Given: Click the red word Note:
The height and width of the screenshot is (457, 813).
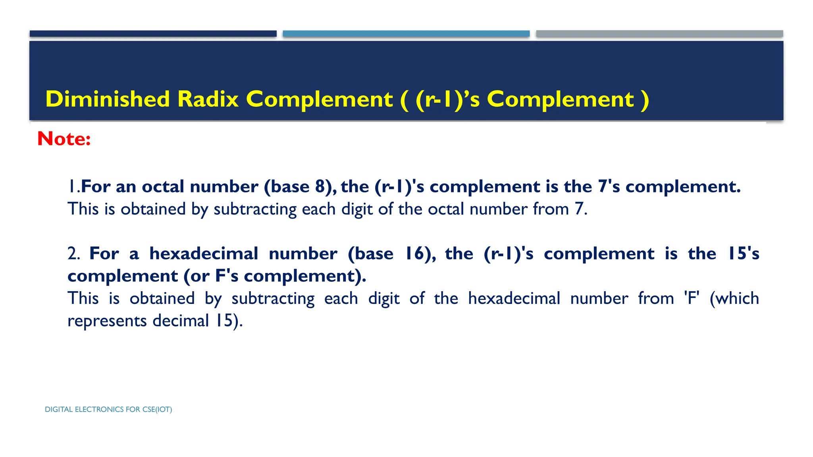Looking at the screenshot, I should click(x=64, y=138).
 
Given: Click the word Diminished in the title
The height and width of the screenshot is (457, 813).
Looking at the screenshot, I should click(x=108, y=99).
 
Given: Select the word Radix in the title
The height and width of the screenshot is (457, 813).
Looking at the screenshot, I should click(x=208, y=99).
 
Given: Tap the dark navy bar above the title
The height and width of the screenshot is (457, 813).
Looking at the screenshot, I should click(x=153, y=34).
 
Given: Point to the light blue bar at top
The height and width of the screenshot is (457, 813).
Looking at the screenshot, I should click(x=406, y=34).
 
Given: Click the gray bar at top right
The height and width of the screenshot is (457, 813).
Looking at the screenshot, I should click(x=659, y=34).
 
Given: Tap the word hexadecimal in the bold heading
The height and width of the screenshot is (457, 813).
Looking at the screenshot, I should click(x=204, y=253).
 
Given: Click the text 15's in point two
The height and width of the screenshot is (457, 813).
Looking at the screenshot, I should click(x=743, y=253).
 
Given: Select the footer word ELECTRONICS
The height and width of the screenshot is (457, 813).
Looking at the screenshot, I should click(x=99, y=409).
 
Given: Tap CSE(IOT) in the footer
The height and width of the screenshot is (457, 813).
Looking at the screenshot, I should click(x=157, y=409).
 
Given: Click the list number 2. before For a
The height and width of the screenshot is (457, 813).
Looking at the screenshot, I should click(x=73, y=253).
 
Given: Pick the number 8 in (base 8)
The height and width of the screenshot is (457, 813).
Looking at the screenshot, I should click(x=320, y=186).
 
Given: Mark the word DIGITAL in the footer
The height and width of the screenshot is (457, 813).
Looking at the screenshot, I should click(x=59, y=409).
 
